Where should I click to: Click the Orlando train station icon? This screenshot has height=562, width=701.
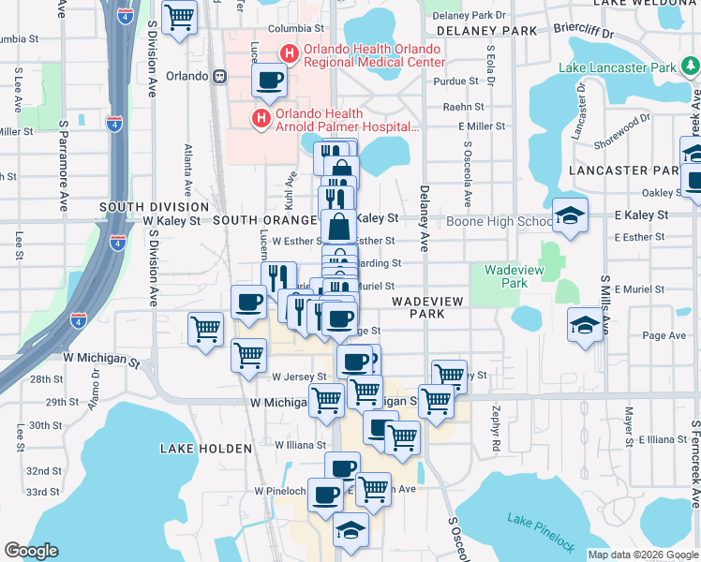(218, 77)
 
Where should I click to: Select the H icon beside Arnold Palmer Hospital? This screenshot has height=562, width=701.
(261, 119)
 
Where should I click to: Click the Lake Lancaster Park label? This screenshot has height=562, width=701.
(617, 67)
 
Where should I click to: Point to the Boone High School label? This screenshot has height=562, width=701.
(499, 222)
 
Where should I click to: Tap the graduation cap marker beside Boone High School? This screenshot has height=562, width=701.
(570, 215)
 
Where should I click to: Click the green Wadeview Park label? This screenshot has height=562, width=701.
(507, 275)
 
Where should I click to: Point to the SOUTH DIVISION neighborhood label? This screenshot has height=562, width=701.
(153, 206)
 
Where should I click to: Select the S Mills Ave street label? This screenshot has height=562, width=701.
(605, 300)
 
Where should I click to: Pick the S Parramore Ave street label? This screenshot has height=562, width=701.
(64, 150)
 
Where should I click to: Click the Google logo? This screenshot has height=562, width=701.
(32, 551)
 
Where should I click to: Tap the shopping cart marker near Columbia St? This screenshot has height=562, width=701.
(179, 17)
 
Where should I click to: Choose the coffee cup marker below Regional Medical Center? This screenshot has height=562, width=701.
(269, 81)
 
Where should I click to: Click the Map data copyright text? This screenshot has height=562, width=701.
(643, 554)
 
